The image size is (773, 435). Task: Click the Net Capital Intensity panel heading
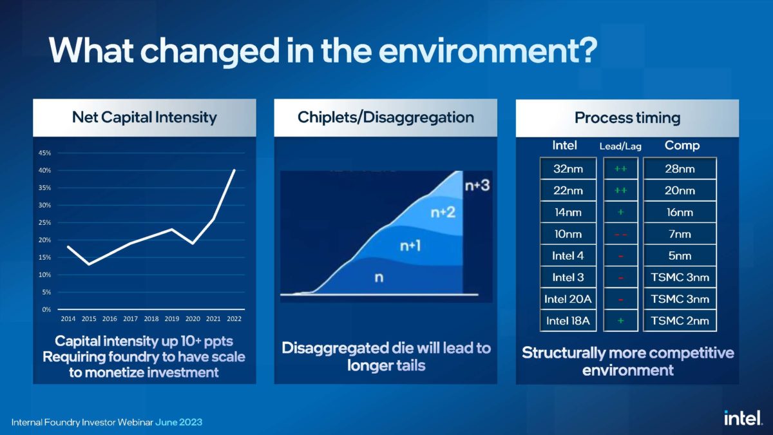[x=144, y=117]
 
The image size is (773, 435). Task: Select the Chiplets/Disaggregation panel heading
[x=385, y=117]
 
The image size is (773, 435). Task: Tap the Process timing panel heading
[x=627, y=118]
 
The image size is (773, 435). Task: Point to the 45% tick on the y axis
[x=45, y=153]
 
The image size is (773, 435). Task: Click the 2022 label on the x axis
[x=234, y=319]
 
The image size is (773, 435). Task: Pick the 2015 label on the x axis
[x=89, y=319]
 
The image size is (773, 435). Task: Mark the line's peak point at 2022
[x=234, y=170]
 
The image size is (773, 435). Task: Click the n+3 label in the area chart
[x=477, y=185]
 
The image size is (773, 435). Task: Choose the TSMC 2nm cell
[x=680, y=321]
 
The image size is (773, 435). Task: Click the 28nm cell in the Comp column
[x=680, y=169]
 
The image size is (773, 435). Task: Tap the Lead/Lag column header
[x=621, y=146]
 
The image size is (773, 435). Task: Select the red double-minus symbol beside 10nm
[x=621, y=234]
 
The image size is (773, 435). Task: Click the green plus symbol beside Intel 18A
[x=621, y=321]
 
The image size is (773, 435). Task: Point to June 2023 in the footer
[x=178, y=422]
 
